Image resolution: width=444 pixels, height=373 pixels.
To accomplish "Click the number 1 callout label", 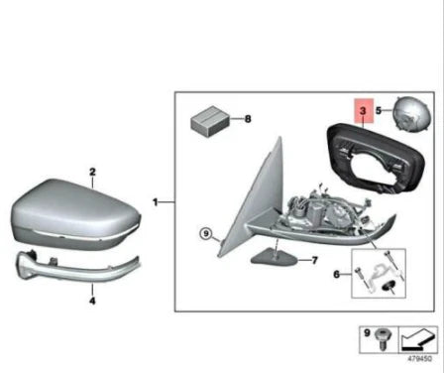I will (156, 201).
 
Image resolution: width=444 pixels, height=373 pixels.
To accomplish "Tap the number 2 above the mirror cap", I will (92, 171).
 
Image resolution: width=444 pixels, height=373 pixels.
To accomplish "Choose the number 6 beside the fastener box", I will (336, 275).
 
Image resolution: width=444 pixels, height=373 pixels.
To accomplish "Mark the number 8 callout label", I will (248, 119).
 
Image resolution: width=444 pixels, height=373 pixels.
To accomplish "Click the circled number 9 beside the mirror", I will (205, 235).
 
